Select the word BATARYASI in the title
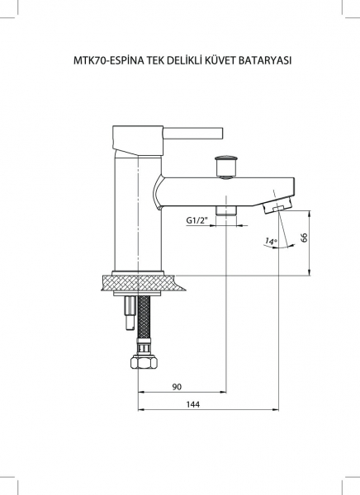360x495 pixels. click(x=265, y=60)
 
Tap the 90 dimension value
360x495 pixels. click(x=178, y=386)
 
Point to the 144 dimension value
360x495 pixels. click(x=193, y=404)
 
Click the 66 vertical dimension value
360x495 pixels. click(x=304, y=238)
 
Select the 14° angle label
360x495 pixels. click(x=271, y=242)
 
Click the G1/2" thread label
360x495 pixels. click(x=197, y=220)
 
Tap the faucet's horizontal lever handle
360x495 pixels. click(x=193, y=133)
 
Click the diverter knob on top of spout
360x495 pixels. click(x=226, y=166)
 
